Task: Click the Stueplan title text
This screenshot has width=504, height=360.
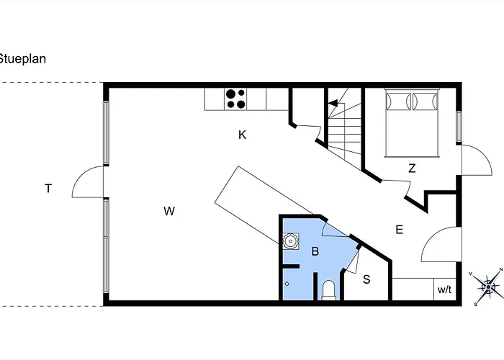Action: click(22, 59)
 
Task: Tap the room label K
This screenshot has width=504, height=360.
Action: click(243, 135)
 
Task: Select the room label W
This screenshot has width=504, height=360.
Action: click(169, 211)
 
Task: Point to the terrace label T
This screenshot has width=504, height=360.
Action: click(48, 189)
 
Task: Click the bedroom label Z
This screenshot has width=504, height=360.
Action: click(412, 168)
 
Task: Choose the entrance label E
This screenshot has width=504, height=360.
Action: click(399, 230)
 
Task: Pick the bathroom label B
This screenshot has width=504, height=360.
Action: click(315, 251)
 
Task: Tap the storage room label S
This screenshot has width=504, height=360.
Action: click(366, 279)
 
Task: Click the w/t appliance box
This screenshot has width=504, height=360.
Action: click(445, 289)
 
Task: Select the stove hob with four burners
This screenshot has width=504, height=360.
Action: click(235, 99)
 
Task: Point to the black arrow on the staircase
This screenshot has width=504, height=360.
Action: click(333, 103)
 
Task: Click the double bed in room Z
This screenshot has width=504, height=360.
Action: click(412, 123)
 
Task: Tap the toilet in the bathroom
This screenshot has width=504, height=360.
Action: click(328, 290)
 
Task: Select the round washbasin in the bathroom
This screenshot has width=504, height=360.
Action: click(291, 241)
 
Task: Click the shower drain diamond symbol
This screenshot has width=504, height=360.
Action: click(287, 284)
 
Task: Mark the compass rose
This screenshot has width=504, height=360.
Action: click(488, 287)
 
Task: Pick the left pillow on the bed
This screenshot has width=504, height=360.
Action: click(399, 102)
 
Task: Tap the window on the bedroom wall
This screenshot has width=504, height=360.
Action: click(459, 127)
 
